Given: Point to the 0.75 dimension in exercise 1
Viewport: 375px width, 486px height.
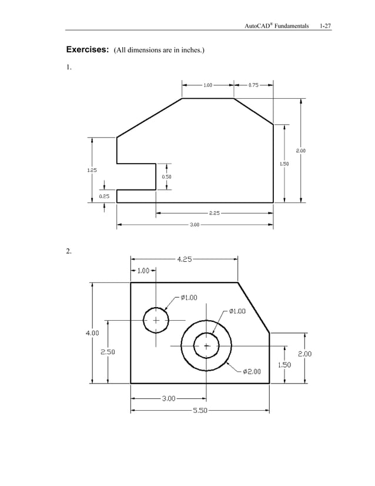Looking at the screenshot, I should [x=253, y=85].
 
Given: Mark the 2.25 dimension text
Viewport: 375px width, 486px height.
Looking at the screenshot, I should [x=215, y=213].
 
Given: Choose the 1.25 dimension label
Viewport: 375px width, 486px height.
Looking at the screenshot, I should [x=92, y=170].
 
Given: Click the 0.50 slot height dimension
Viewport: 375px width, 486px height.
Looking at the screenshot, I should [x=167, y=177].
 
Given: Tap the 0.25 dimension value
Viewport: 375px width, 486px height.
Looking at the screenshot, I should [x=104, y=196].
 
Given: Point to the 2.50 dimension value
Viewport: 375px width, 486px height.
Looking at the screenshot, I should [x=108, y=352].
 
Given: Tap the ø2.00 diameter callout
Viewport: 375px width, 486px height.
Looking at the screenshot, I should [x=252, y=371].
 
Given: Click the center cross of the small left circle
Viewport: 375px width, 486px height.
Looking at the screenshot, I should [x=156, y=320].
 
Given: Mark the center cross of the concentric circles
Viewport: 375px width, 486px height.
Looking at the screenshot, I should [x=206, y=345].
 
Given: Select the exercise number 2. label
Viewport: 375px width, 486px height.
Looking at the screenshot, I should [x=69, y=251].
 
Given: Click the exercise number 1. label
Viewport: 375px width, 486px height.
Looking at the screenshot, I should [x=69, y=66].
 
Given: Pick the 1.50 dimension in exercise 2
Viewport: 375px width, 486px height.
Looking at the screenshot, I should [x=284, y=364].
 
